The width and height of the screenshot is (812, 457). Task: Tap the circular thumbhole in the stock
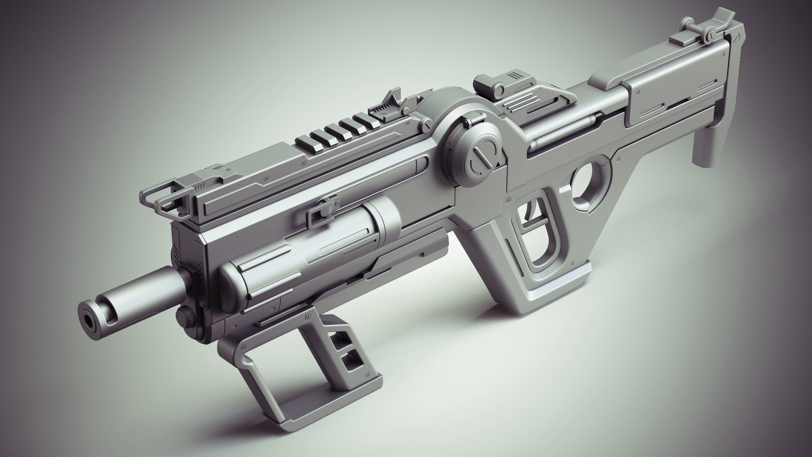click(588, 182)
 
